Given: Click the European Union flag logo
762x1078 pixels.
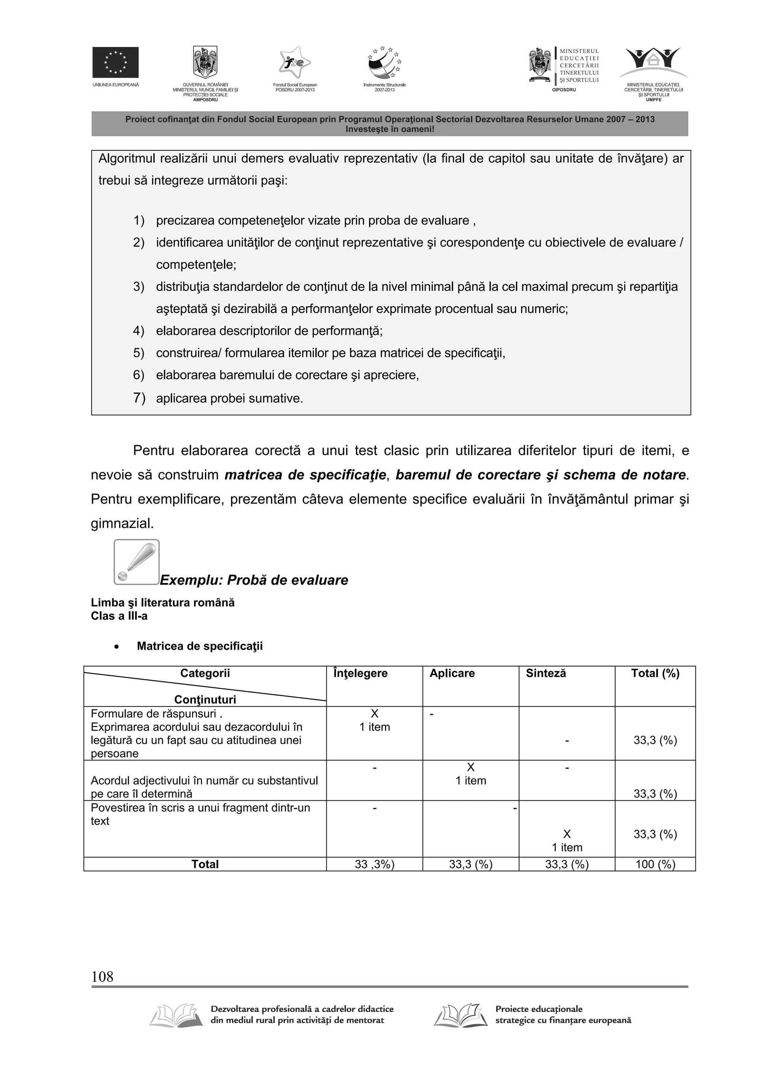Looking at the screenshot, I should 115,62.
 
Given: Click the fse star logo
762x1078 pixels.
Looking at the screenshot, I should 294,63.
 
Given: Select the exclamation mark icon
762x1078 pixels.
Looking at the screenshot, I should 137,562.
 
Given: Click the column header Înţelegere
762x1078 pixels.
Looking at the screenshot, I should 360,673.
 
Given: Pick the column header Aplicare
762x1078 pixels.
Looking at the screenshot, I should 452,673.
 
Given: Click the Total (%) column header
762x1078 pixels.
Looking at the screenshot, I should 655,673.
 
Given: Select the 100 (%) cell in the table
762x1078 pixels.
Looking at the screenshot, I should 655,864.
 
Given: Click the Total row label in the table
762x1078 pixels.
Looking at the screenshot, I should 205,864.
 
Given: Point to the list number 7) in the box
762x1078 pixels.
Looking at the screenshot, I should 139,398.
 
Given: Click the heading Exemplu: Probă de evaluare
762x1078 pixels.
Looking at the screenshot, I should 254,580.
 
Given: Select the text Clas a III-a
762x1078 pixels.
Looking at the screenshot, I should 119,616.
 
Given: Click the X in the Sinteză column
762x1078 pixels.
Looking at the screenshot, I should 567,834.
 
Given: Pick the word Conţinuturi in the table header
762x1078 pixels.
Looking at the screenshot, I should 205,700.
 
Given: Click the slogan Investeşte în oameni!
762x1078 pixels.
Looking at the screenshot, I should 390,129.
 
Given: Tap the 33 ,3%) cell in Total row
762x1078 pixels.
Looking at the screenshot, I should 374,864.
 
